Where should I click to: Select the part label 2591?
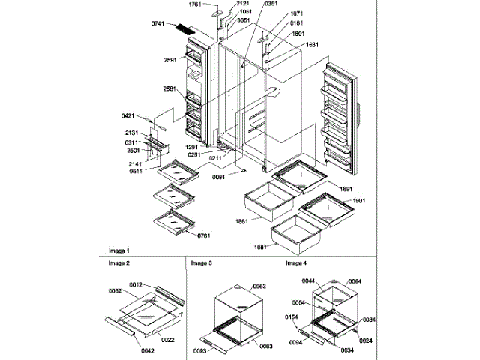[171, 60]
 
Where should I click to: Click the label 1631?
[313, 45]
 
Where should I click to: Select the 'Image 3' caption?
[201, 263]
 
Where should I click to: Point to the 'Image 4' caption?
[295, 263]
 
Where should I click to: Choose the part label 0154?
[292, 317]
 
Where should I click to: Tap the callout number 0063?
[258, 286]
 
